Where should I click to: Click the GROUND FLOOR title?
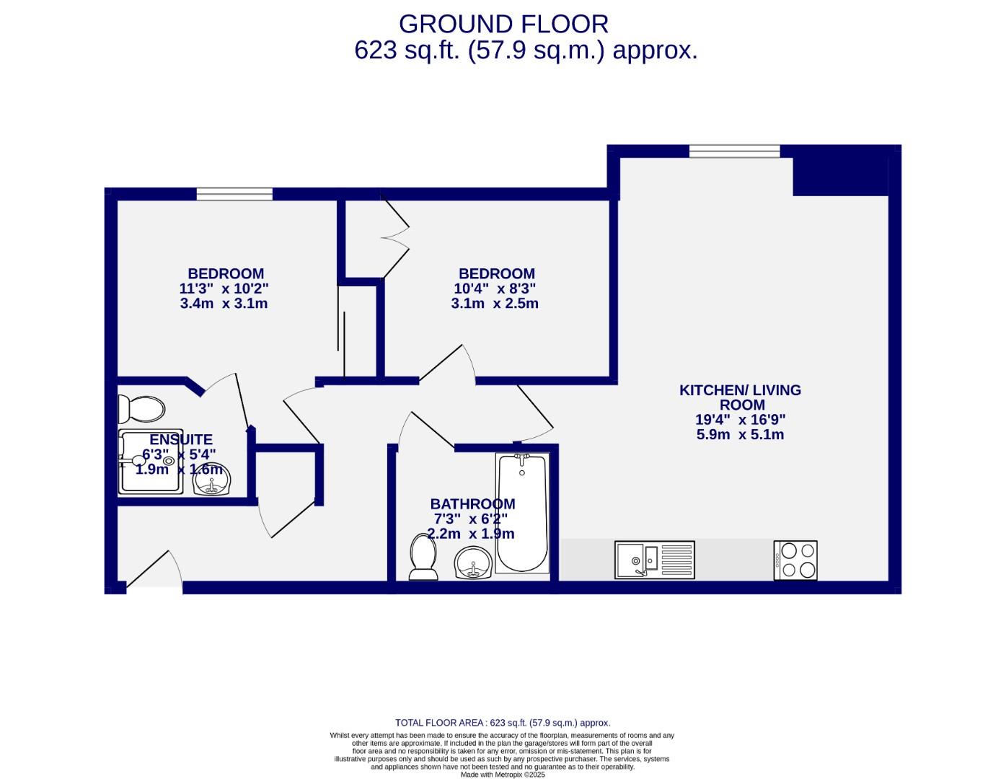(503, 24)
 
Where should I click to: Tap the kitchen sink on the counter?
(654, 560)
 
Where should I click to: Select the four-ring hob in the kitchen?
(795, 560)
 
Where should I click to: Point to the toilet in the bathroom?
(423, 557)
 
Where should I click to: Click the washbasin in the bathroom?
(473, 563)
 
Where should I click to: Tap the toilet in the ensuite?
(141, 410)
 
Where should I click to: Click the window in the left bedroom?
(234, 193)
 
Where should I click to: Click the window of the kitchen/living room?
(734, 151)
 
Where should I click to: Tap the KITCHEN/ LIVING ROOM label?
(741, 397)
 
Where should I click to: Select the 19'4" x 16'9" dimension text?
(741, 420)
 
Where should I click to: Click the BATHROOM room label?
(472, 504)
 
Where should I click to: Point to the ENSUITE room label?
(181, 439)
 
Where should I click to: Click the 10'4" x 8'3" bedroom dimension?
(495, 289)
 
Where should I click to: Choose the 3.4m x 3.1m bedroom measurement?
(224, 304)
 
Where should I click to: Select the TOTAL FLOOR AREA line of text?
(503, 723)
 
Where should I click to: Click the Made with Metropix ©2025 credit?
(503, 775)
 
